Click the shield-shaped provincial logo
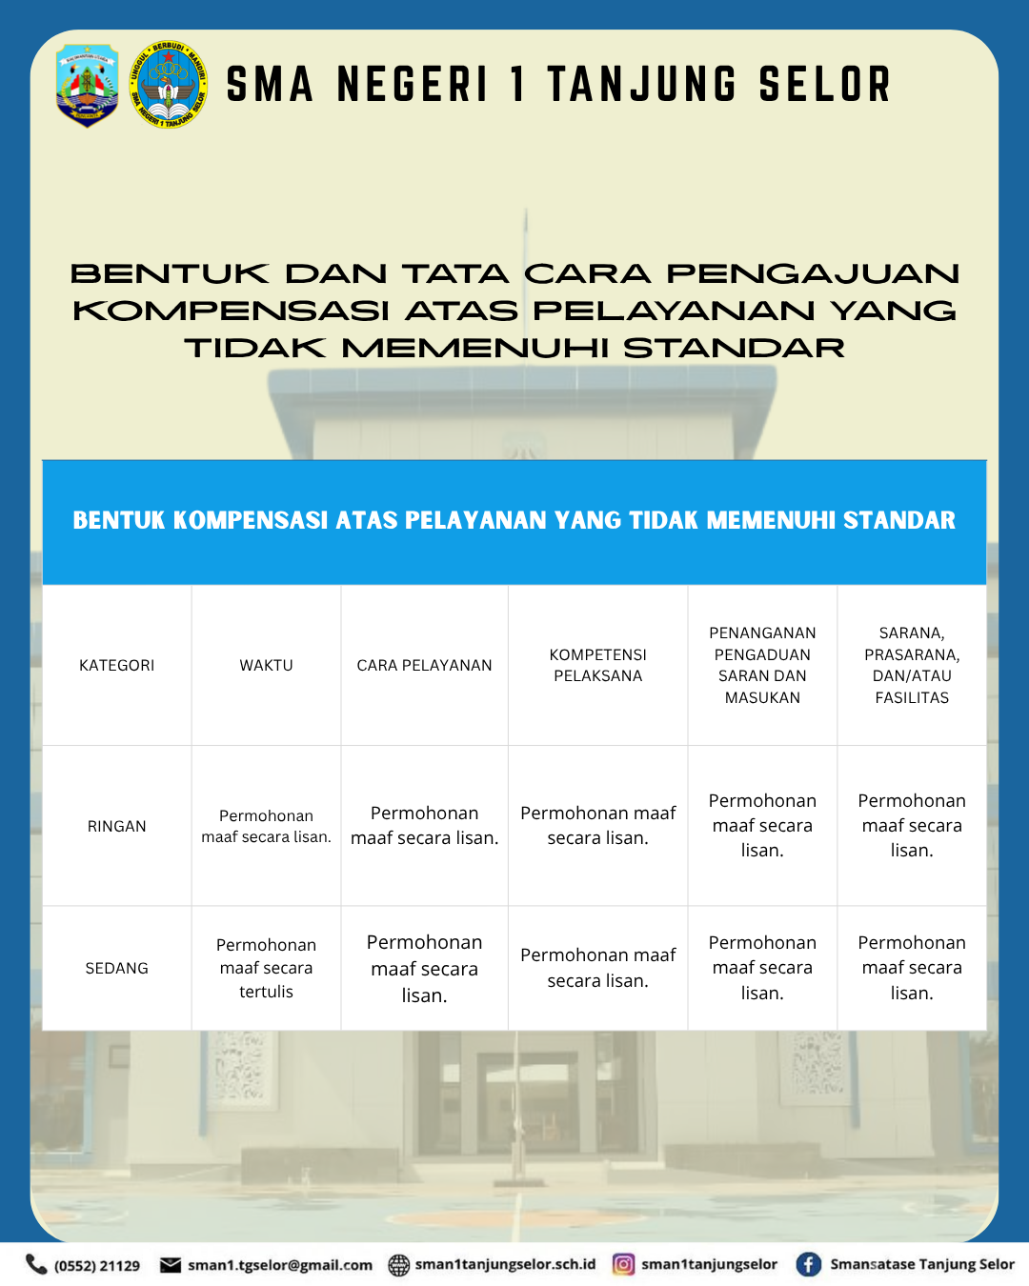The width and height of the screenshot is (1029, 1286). pos(88,85)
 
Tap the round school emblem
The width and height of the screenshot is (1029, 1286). pos(169,85)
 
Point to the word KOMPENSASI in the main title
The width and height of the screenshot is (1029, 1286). pos(231,311)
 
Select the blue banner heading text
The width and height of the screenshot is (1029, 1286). pos(514,520)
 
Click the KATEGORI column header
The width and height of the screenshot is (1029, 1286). pos(117,665)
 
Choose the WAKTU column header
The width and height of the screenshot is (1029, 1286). pos(267,665)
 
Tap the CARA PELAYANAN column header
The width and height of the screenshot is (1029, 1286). pos(425,665)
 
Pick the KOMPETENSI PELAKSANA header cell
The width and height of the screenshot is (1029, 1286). pos(598,665)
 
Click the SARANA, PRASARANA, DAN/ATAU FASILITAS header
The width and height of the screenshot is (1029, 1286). pos(912,665)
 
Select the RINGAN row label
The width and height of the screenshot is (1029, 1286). pos(117,826)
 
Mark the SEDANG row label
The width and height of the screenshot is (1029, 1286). pos(117,968)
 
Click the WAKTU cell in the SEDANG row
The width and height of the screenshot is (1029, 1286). pos(267,968)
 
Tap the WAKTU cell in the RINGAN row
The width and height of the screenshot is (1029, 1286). pos(267,826)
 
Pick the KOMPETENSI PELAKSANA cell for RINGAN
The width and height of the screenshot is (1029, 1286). pos(598,826)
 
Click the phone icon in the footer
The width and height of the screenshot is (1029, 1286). pos(36,1264)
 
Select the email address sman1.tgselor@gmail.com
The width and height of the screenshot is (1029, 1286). pos(280,1265)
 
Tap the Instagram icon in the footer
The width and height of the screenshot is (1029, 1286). pos(623,1264)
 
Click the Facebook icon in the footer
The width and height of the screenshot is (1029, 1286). pos(809,1264)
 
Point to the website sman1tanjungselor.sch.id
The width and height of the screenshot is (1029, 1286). pos(505,1264)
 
